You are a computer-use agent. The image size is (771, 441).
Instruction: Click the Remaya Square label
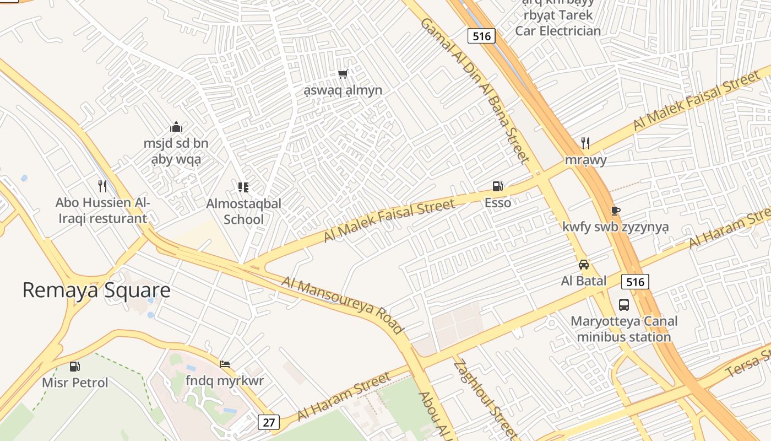coord(96,291)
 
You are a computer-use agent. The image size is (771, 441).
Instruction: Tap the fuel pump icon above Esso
coord(497,186)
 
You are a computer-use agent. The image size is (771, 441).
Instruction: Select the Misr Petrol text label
coord(75,383)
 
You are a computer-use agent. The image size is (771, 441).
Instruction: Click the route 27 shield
coord(268,422)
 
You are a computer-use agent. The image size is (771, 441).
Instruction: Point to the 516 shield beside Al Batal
coord(635,282)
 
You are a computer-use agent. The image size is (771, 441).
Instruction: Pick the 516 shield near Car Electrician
coord(481,36)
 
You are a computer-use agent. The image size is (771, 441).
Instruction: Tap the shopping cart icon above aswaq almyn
coord(343,74)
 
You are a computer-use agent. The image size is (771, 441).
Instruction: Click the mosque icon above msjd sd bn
coord(176,127)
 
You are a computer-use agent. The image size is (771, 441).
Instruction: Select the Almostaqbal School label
coord(243,211)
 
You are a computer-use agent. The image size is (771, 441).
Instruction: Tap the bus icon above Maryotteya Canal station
coord(624,304)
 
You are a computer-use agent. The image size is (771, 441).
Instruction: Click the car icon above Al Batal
coord(584,265)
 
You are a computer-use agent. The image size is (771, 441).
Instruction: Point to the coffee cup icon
coord(615,211)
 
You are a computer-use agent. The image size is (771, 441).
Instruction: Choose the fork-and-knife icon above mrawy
coord(585,143)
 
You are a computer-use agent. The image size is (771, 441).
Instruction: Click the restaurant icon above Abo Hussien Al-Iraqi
coord(102,186)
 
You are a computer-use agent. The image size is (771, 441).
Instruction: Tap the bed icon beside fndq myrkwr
coord(225,364)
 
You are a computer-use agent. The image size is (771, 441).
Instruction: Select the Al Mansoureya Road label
coord(343,305)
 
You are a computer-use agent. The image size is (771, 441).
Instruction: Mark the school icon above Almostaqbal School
coord(243,187)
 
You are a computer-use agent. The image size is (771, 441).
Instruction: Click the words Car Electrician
coord(558,31)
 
